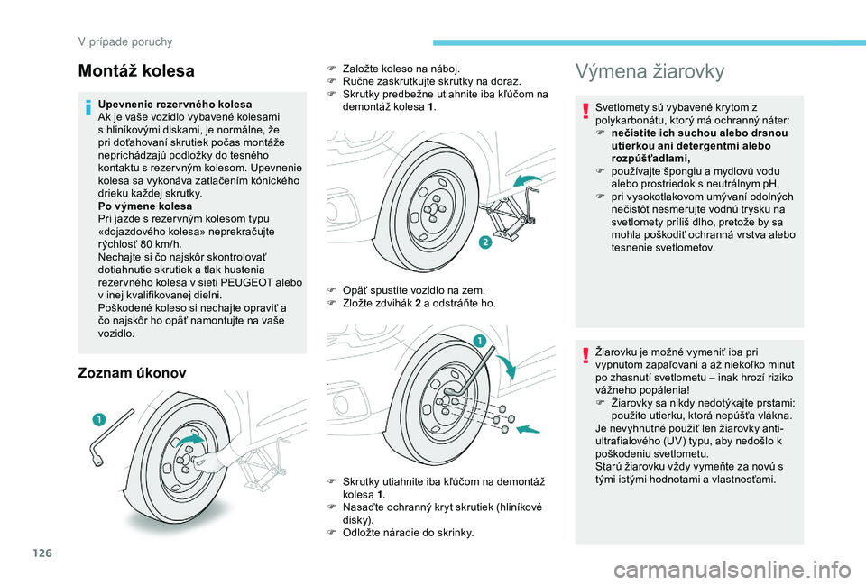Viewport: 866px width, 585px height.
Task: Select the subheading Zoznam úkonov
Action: click(x=133, y=371)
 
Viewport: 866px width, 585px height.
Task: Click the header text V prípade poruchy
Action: click(x=127, y=41)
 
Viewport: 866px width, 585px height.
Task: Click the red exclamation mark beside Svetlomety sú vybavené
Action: click(x=586, y=111)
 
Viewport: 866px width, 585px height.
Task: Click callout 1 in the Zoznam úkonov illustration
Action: click(x=96, y=420)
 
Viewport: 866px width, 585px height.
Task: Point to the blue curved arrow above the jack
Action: click(x=532, y=181)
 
